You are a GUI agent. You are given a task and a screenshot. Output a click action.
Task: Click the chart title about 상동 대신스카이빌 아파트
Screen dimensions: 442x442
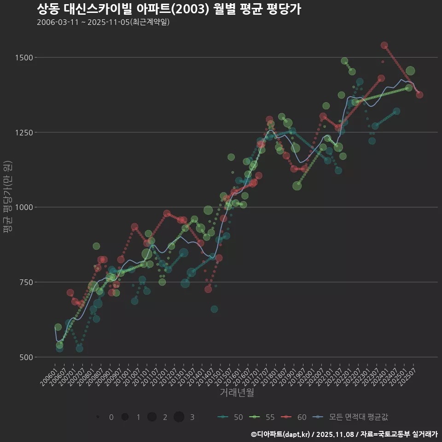(169, 9)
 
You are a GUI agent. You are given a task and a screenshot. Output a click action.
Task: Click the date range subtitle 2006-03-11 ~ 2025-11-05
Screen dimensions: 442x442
(103, 22)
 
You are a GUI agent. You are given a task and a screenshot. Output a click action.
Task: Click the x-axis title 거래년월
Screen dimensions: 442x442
(237, 393)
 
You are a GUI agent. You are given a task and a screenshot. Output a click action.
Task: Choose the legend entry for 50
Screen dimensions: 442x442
(230, 417)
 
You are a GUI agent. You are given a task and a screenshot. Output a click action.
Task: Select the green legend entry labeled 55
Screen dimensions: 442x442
(262, 417)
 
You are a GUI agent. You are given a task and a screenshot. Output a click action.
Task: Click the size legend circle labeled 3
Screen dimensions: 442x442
(179, 417)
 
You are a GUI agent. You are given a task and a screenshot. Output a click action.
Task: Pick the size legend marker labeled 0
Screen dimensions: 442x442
(98, 417)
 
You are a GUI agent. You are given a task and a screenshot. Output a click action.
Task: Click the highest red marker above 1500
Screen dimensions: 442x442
(384, 46)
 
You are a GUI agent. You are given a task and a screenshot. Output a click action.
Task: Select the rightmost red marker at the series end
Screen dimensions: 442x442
(419, 95)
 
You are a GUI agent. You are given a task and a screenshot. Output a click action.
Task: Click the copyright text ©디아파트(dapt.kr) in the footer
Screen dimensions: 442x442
(281, 434)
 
